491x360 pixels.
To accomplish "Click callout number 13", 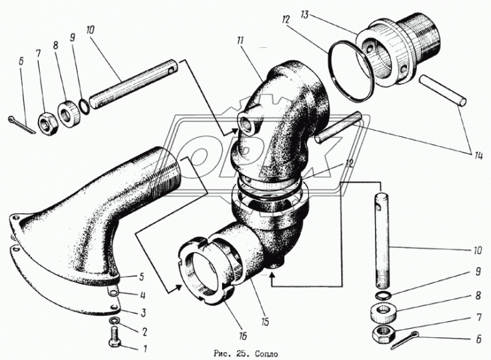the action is coord(304,15).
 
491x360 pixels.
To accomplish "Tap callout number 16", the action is coord(242,336).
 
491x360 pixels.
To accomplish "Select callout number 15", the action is coord(265,321).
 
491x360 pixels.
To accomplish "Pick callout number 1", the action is coord(145,349).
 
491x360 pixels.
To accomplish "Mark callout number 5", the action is coord(141,277).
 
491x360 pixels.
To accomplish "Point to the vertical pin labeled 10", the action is coord(382,241).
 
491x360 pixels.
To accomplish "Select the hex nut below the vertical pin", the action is coord(383,334).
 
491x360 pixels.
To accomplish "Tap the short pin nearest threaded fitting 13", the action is coord(442,91).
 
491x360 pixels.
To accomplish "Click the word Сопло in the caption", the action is coord(266,354).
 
